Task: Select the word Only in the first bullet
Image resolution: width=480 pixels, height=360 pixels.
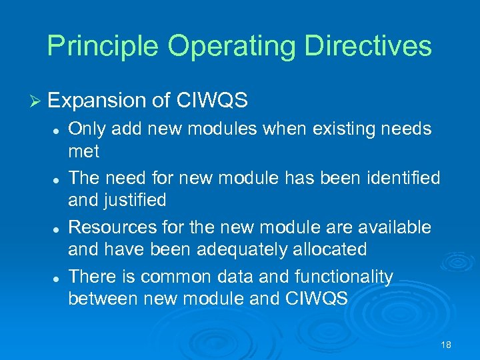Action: pos(87,128)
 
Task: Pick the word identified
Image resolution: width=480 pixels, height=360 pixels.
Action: pos(399,178)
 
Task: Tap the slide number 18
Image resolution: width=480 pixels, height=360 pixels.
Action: pos(446,344)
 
